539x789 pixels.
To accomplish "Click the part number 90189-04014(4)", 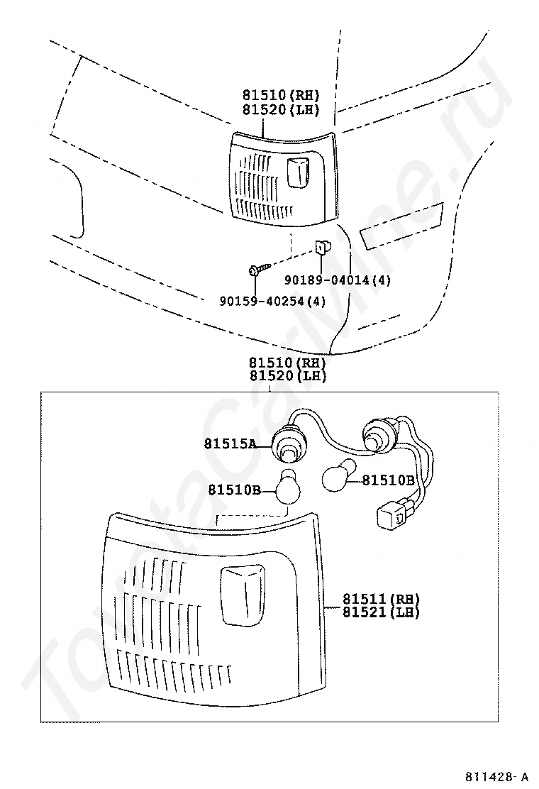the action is coord(338,280).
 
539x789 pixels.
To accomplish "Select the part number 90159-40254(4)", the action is coord(272,301).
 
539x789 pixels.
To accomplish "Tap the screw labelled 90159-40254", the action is coord(260,268).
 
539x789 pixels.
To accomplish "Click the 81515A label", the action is coord(230,444).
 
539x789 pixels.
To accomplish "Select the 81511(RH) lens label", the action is coord(381,599).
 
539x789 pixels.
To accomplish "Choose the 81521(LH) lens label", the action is coord(381,612).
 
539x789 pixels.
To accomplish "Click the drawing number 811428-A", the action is coord(496,776).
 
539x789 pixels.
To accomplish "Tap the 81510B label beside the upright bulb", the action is coord(234,490).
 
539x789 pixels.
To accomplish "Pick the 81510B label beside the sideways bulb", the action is coord(389,480).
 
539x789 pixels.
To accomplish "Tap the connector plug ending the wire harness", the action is coord(391,517).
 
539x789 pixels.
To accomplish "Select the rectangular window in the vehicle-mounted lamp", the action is coord(297,173).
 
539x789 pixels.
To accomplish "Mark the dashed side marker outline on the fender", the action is coord(401,226).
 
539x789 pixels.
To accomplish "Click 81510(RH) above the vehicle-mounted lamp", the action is coord(281,94).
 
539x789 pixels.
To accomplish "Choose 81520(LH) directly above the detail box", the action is coord(288,375).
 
